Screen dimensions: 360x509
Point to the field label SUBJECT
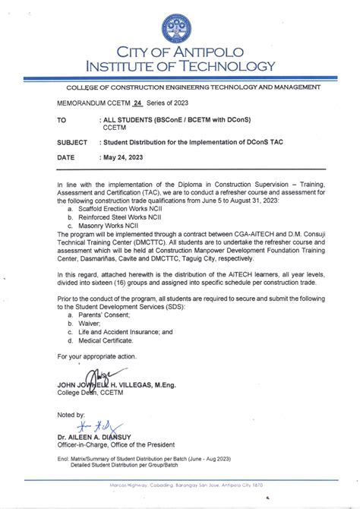(x=72, y=142)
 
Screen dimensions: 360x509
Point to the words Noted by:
(x=71, y=415)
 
